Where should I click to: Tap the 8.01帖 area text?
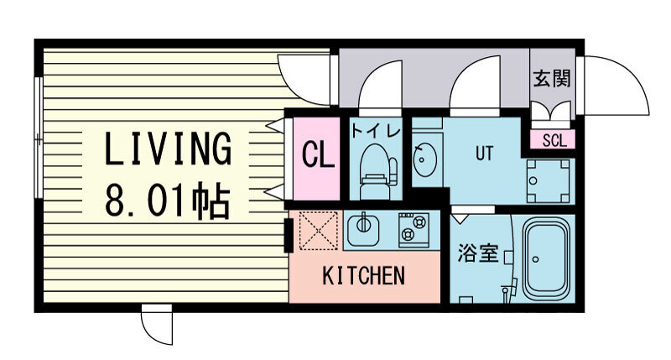pyautogui.click(x=169, y=201)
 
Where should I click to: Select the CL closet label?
pyautogui.click(x=318, y=154)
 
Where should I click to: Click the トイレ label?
pyautogui.click(x=376, y=130)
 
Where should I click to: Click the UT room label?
pyautogui.click(x=484, y=154)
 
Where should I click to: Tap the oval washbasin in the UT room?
pyautogui.click(x=424, y=159)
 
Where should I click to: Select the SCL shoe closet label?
pyautogui.click(x=554, y=140)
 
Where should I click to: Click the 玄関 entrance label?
pyautogui.click(x=552, y=79)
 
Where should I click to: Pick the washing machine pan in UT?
pyautogui.click(x=549, y=181)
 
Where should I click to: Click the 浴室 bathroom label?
pyautogui.click(x=478, y=253)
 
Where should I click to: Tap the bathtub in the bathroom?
pyautogui.click(x=547, y=259)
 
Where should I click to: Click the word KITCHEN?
pyautogui.click(x=363, y=276)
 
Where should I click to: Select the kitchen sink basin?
pyautogui.click(x=363, y=228)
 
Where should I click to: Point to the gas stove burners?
pyautogui.click(x=414, y=230)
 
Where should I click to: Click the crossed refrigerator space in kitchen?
pyautogui.click(x=318, y=230)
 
